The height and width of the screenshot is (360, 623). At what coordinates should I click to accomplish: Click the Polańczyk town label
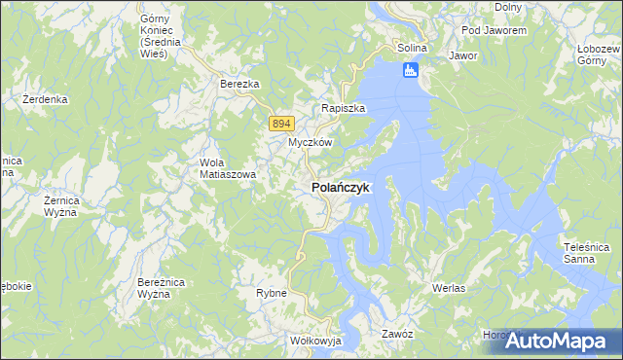point(340,187)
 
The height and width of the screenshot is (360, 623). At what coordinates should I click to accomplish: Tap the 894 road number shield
point(281,123)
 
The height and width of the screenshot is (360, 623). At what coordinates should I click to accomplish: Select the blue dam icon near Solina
point(410,70)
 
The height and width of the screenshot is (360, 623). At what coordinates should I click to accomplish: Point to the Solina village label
point(413,48)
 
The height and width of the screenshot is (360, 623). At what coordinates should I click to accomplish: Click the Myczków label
point(311,142)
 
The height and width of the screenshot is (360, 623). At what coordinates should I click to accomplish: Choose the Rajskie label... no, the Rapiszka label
point(344,108)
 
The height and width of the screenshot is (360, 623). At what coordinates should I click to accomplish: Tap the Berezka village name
point(239,85)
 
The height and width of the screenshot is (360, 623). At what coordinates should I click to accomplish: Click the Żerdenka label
point(46,99)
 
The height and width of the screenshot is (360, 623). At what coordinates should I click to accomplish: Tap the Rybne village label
point(271,293)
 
